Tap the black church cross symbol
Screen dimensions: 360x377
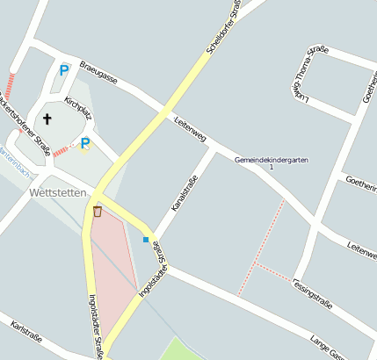coord(47,119)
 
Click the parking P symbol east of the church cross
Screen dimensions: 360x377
coord(85,143)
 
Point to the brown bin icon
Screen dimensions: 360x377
coord(98,211)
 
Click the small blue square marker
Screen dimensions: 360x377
coord(146,240)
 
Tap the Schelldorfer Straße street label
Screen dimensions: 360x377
coord(225,27)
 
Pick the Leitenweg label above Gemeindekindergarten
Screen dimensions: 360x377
coord(190,130)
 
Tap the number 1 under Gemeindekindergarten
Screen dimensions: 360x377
coord(272,168)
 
